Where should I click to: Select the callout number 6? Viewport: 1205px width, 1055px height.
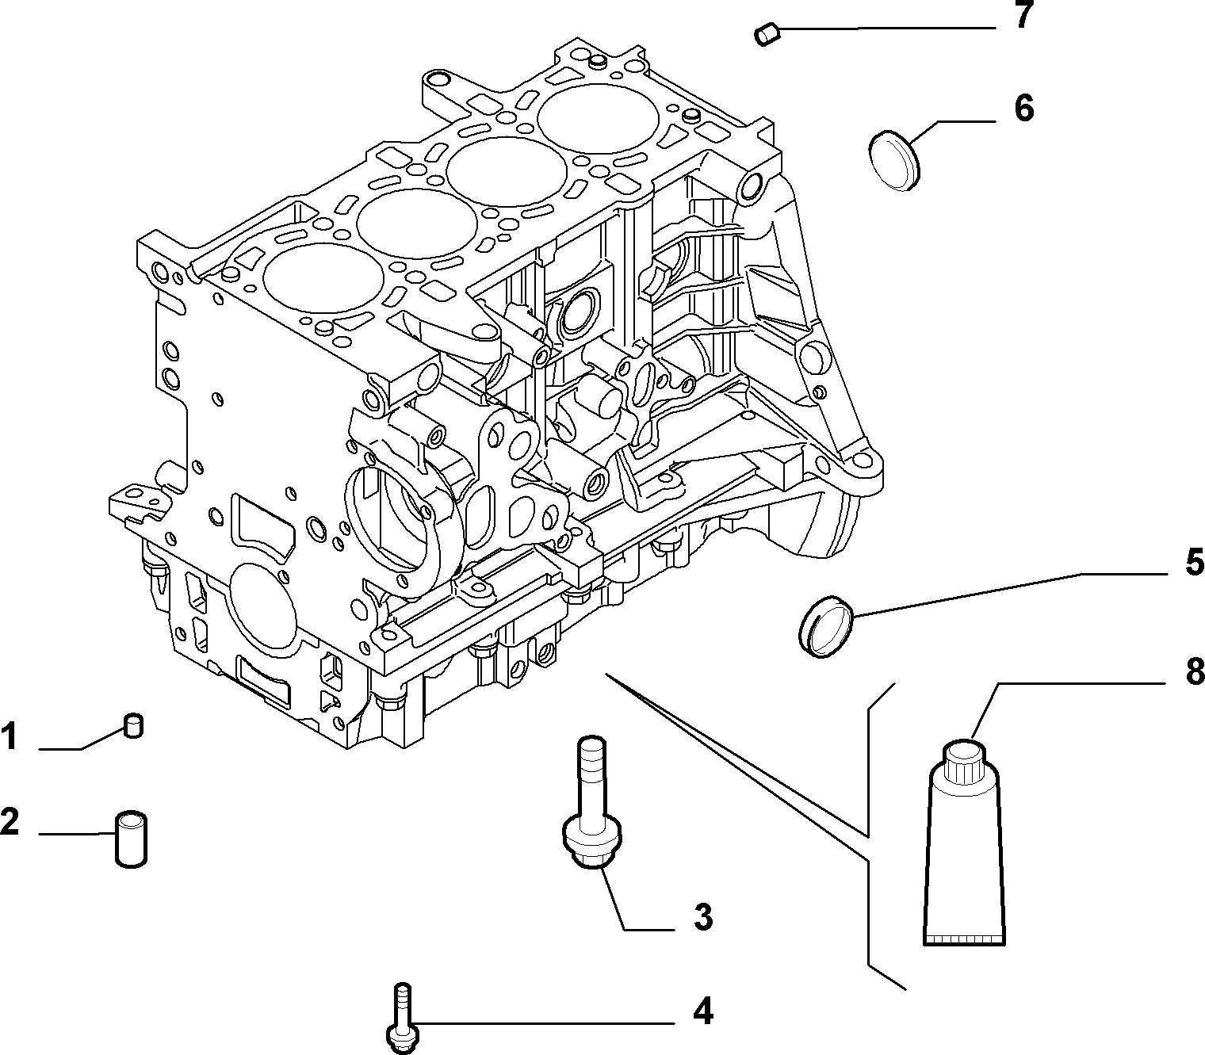1024,109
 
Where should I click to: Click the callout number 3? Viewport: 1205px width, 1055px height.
702,916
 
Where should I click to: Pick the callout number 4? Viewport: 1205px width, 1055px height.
702,1011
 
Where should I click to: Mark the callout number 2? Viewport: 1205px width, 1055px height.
10,821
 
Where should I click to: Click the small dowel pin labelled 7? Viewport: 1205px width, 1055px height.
767,33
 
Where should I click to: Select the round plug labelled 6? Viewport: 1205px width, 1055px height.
894,161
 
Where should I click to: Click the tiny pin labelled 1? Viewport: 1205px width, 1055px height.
134,725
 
